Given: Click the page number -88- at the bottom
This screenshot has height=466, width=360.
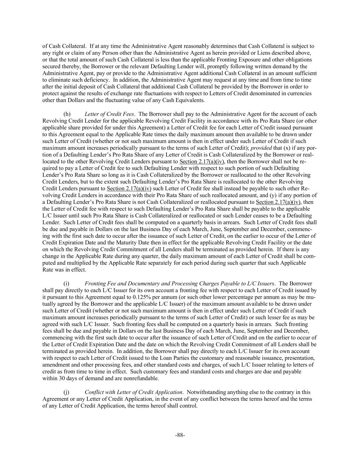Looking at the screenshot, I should click(180, 435).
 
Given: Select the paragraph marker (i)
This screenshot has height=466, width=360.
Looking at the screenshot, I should click(67, 283).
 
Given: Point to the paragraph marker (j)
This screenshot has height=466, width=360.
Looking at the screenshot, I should click(67, 392).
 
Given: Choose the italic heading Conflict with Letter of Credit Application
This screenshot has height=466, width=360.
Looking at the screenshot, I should click(133, 392).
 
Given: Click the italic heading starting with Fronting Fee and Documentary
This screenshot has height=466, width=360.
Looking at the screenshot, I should click(179, 283).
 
